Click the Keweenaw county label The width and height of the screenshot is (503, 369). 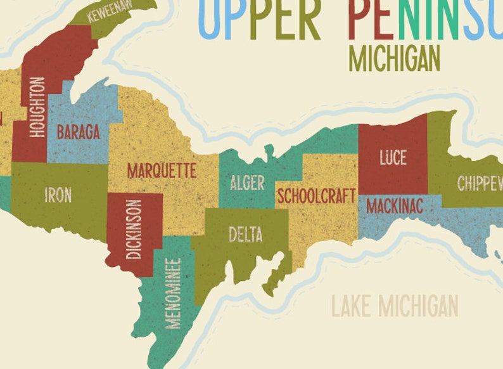point(111,12)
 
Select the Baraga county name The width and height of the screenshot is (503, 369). point(78,133)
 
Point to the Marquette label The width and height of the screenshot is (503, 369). point(162,171)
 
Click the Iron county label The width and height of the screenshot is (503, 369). point(58,195)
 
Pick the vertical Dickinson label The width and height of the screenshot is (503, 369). point(134,230)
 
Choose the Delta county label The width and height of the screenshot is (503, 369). point(245,235)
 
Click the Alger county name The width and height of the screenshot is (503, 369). point(247,183)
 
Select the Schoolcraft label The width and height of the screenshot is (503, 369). point(316,196)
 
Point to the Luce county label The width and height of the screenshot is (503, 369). point(393,157)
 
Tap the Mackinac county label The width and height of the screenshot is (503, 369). point(394,206)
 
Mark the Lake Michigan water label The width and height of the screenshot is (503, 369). point(395,307)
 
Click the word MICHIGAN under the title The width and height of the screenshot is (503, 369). point(394,59)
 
